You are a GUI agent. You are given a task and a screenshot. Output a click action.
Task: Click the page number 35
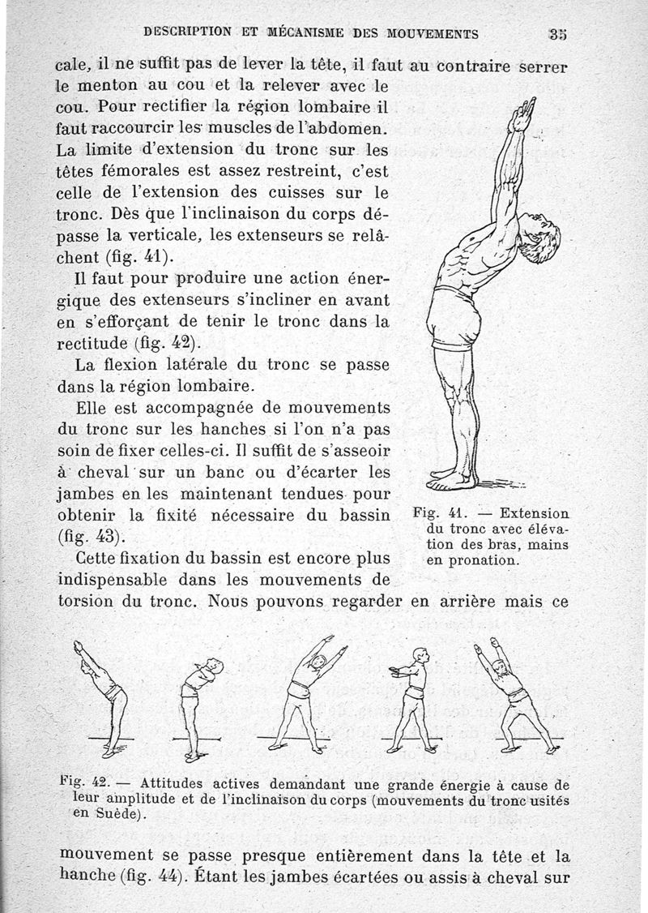point(556,33)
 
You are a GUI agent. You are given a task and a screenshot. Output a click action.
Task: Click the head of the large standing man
point(537,236)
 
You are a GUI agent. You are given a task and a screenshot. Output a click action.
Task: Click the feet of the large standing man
point(452,480)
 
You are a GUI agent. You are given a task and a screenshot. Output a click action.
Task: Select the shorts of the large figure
point(456,318)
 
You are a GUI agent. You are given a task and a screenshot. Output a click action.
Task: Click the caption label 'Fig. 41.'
point(436,513)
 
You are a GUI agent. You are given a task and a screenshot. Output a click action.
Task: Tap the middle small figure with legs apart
point(309,693)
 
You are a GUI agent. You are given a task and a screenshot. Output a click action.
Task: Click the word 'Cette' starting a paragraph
point(99,559)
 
